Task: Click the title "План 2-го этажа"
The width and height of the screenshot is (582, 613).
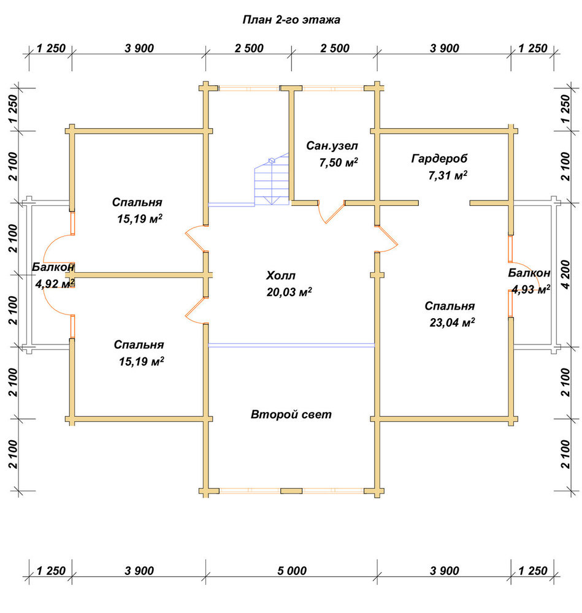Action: (291, 20)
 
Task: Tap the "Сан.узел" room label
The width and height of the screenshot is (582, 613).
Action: (332, 146)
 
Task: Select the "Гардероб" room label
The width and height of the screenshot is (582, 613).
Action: (439, 159)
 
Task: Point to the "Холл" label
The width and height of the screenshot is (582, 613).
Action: (280, 276)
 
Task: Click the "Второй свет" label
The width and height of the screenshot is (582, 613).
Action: (291, 414)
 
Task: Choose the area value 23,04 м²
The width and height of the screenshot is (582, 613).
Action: (452, 322)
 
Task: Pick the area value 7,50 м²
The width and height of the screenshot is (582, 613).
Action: (339, 162)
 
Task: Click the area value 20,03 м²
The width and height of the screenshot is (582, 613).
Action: (289, 292)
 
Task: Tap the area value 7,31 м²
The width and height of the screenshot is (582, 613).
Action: (448, 175)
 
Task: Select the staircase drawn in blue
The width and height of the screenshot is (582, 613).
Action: (272, 180)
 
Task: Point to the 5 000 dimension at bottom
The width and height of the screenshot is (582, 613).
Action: (292, 571)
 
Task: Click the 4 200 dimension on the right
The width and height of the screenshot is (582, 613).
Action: (565, 275)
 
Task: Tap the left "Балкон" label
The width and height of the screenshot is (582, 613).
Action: (53, 267)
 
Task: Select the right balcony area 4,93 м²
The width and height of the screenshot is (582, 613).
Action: (530, 289)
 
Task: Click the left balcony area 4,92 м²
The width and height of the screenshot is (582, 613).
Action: (55, 283)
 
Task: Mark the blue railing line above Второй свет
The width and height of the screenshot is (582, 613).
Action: (291, 345)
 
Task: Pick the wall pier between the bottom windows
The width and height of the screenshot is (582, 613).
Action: (291, 491)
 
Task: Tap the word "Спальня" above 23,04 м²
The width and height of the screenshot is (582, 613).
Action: (450, 306)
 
